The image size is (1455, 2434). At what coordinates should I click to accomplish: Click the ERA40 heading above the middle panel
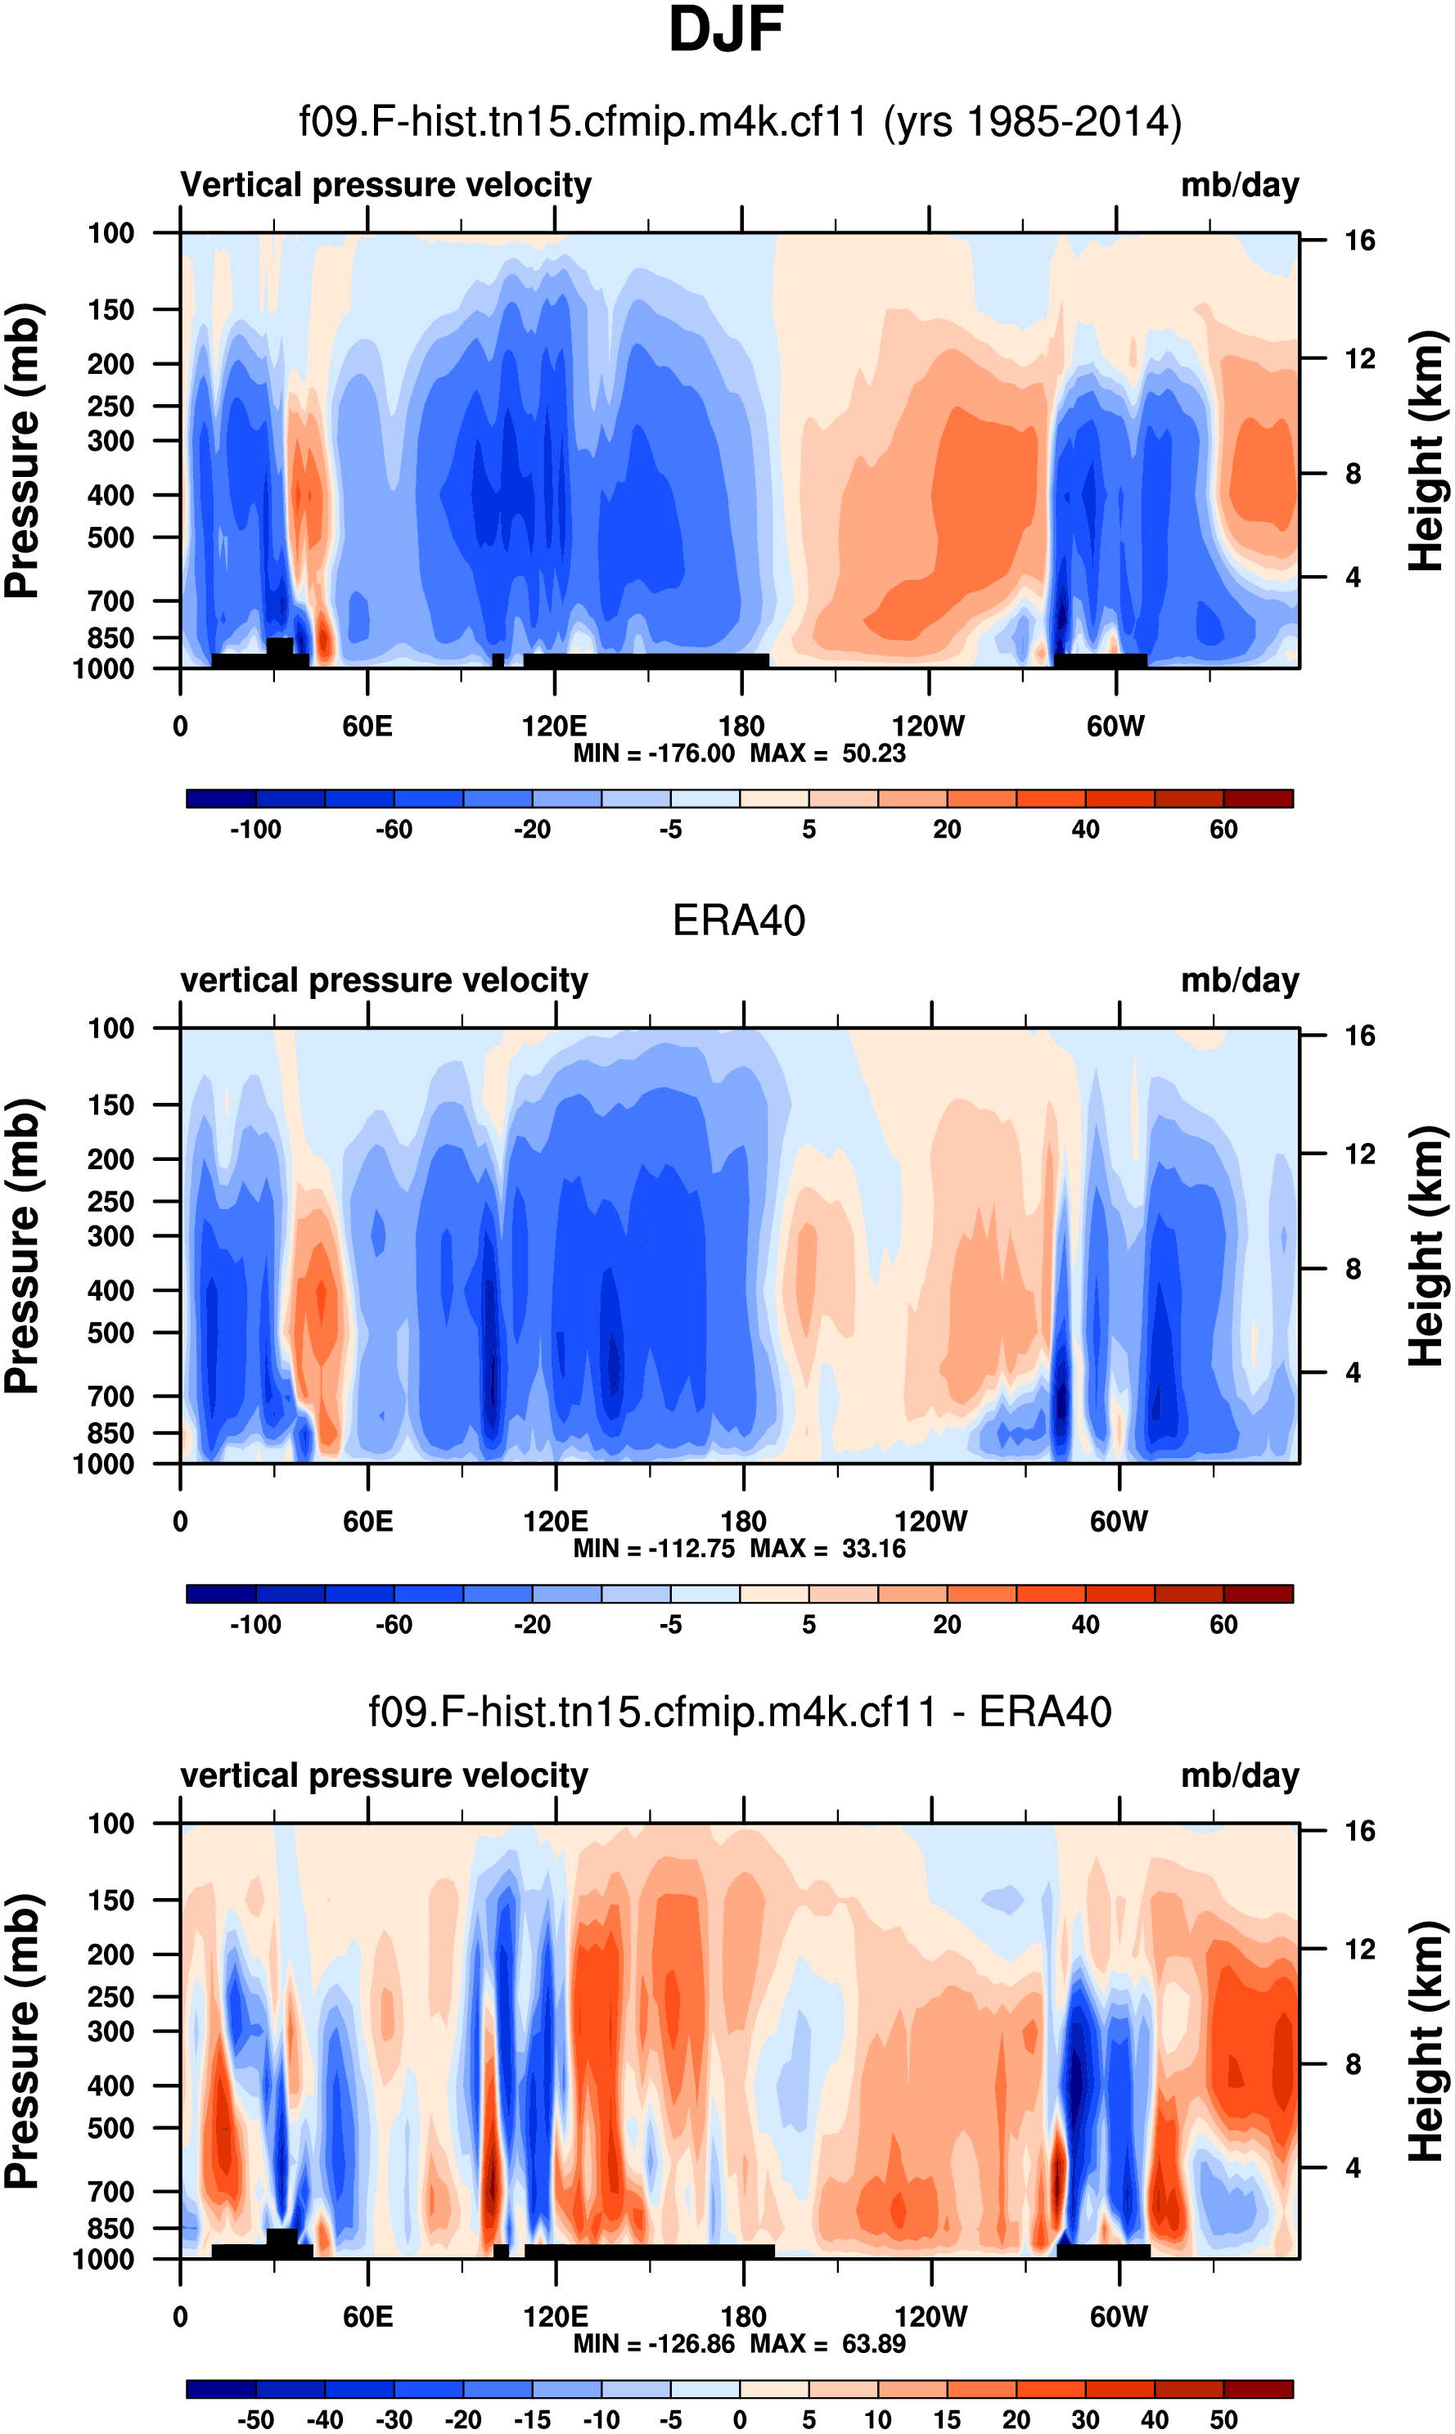tap(738, 921)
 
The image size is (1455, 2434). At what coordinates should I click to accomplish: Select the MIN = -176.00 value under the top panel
tap(654, 754)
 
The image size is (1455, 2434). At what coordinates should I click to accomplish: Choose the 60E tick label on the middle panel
tap(367, 1522)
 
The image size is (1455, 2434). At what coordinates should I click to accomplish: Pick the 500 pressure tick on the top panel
tap(110, 538)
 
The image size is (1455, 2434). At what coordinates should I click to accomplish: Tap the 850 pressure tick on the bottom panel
tap(110, 2228)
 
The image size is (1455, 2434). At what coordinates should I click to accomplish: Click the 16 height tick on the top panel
tap(1359, 241)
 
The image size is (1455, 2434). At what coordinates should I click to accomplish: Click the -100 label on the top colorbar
tap(255, 830)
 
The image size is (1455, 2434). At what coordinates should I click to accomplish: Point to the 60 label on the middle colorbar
tap(1223, 1626)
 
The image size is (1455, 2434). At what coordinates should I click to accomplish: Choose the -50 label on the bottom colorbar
tap(255, 2419)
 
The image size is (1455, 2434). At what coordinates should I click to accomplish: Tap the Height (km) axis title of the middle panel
tap(1426, 1246)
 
